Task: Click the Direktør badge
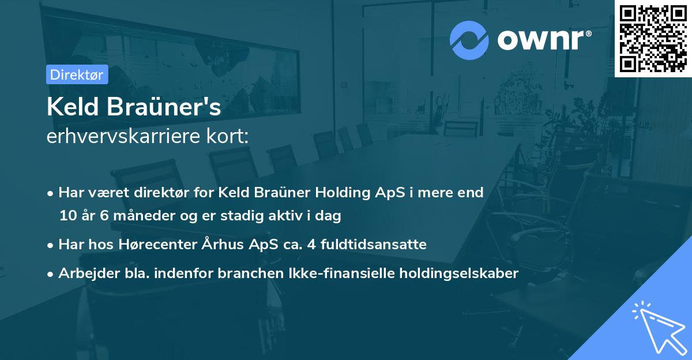(77, 74)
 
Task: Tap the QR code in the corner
(653, 38)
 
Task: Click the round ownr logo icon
(469, 40)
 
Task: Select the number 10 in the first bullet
(67, 216)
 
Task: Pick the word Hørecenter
(151, 245)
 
